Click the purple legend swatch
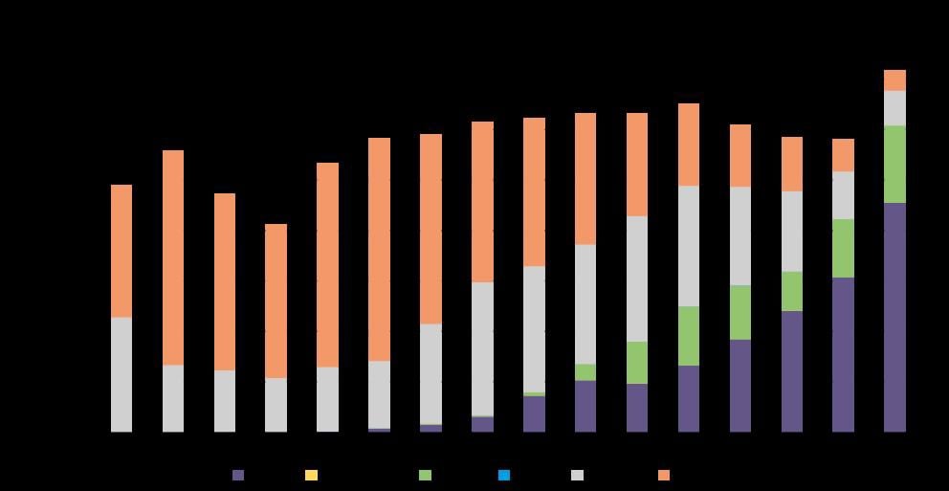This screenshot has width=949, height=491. pyautogui.click(x=238, y=475)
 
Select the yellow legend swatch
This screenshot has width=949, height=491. pyautogui.click(x=311, y=475)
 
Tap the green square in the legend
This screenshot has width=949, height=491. pyautogui.click(x=425, y=475)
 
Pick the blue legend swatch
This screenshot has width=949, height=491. pyautogui.click(x=503, y=475)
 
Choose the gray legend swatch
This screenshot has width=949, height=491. pyautogui.click(x=577, y=475)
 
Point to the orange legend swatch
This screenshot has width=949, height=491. pyautogui.click(x=664, y=475)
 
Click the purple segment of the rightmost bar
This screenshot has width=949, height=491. pyautogui.click(x=894, y=317)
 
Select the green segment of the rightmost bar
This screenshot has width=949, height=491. pyautogui.click(x=894, y=164)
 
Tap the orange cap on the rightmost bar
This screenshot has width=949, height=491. pyautogui.click(x=894, y=79)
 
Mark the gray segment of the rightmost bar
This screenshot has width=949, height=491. pyautogui.click(x=894, y=108)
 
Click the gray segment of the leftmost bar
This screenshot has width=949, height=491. pyautogui.click(x=121, y=374)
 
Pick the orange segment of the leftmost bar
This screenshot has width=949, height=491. pyautogui.click(x=121, y=251)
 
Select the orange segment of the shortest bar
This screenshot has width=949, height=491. pyautogui.click(x=276, y=301)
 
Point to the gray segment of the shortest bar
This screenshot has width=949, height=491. pyautogui.click(x=276, y=405)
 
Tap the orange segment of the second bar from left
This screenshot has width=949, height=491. pyautogui.click(x=173, y=257)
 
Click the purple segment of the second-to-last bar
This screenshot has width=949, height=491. pyautogui.click(x=843, y=354)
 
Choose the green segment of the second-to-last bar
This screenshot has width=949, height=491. pyautogui.click(x=843, y=248)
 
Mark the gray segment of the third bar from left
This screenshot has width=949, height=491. pyautogui.click(x=224, y=401)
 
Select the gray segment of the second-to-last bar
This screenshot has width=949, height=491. pyautogui.click(x=843, y=195)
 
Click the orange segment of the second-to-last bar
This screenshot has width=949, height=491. pyautogui.click(x=843, y=155)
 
